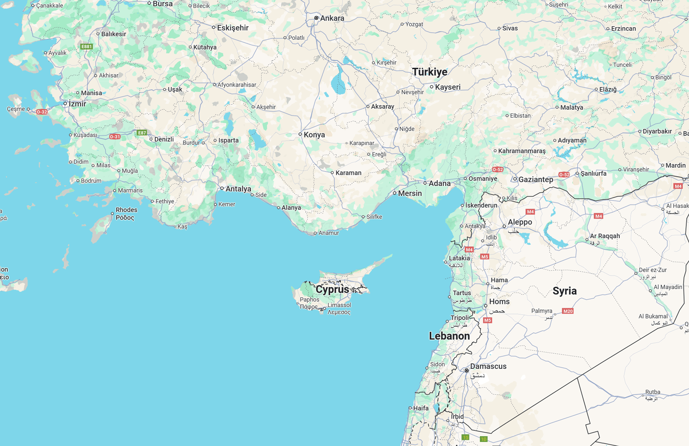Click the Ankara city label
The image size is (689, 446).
tap(332, 18)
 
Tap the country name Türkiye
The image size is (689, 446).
tap(429, 72)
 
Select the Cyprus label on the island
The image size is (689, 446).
tap(332, 289)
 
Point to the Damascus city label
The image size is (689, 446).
tap(488, 367)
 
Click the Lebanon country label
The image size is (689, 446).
tap(449, 336)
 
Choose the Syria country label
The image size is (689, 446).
tap(564, 291)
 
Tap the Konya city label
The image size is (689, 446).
tap(314, 135)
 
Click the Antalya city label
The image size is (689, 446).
tap(238, 189)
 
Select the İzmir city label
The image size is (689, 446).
tap(77, 104)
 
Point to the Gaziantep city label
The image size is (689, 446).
tap(535, 180)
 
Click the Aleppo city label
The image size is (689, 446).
tap(520, 222)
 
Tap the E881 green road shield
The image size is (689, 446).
tap(87, 46)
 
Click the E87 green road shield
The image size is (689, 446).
tap(142, 132)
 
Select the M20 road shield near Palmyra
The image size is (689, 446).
tap(568, 311)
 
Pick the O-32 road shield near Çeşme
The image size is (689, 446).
tap(41, 112)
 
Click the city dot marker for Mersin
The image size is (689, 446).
tap(395, 193)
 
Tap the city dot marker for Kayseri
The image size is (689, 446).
tap(432, 87)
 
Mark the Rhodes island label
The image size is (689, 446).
tap(126, 210)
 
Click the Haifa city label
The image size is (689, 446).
tap(421, 408)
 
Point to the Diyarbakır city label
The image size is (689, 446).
tap(657, 132)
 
